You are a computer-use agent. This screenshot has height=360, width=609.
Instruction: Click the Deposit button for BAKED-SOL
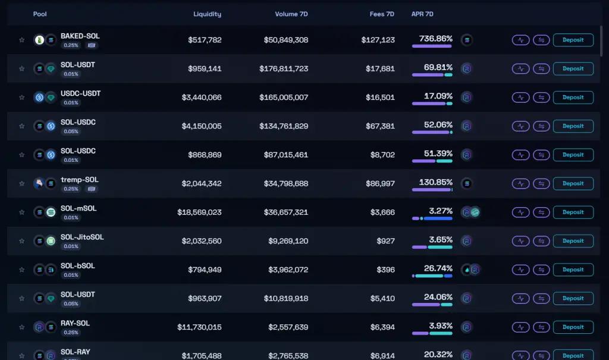pos(573,40)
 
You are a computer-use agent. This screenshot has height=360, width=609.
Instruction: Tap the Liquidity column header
pos(207,14)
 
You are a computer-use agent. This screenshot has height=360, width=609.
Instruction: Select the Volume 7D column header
pos(291,14)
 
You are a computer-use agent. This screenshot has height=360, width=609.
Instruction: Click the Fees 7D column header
pos(382,14)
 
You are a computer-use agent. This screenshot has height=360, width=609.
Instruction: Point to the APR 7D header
pos(422,14)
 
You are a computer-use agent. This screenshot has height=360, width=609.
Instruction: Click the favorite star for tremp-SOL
pos(22,184)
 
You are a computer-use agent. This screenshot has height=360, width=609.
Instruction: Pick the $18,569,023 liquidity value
pos(199,212)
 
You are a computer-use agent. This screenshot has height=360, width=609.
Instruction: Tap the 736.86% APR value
pos(436,39)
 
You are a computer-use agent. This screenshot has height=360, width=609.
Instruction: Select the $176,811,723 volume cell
pos(284,68)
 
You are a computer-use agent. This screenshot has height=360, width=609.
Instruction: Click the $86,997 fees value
pos(378,183)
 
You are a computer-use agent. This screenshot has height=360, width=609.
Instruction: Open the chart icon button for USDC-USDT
pos(520,98)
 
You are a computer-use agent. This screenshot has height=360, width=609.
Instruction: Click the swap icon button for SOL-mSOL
pos(541,212)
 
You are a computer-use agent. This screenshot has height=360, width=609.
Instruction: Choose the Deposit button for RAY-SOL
pos(573,327)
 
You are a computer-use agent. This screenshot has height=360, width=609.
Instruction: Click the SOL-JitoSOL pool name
pos(82,237)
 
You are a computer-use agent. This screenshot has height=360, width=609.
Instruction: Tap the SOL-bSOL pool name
pos(77,265)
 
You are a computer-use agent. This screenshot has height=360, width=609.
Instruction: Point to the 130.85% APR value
pos(436,182)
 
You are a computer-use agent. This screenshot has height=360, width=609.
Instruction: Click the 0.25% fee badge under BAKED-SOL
pos(71,45)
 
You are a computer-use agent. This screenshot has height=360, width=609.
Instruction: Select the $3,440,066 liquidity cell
pos(201,97)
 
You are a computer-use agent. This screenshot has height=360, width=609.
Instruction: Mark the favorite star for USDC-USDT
pos(22,98)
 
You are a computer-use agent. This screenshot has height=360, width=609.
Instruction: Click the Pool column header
pos(40,14)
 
